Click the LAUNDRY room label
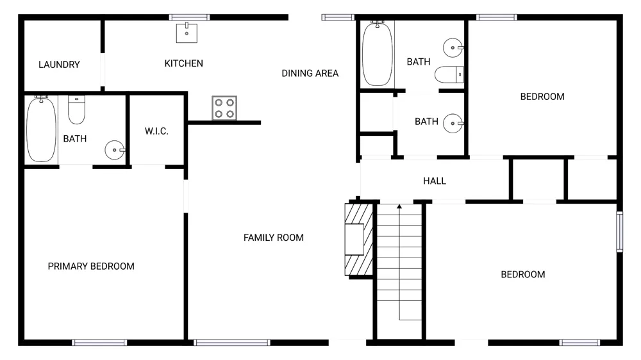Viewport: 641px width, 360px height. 59,65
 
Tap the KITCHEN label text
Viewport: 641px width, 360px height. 183,63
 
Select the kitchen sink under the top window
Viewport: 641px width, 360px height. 187,33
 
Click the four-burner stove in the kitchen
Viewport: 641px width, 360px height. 224,108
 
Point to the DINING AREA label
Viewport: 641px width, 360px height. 310,73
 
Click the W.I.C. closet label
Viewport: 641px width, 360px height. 156,131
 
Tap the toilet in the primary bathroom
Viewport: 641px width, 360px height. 76,110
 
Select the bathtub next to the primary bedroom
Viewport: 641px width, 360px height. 41,129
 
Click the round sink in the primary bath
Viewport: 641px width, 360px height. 115,150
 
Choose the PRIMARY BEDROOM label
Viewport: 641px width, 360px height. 91,266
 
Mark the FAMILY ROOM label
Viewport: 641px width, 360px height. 274,238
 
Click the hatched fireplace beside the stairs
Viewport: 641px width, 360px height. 359,240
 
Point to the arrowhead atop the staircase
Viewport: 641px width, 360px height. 399,206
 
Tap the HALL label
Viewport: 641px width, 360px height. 435,181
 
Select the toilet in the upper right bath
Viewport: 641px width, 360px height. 449,75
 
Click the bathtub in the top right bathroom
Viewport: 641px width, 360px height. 378,54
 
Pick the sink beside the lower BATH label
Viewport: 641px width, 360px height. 453,123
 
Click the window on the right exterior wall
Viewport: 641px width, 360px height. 620,232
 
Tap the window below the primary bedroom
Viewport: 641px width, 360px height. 99,343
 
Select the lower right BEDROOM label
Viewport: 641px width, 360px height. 523,275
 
